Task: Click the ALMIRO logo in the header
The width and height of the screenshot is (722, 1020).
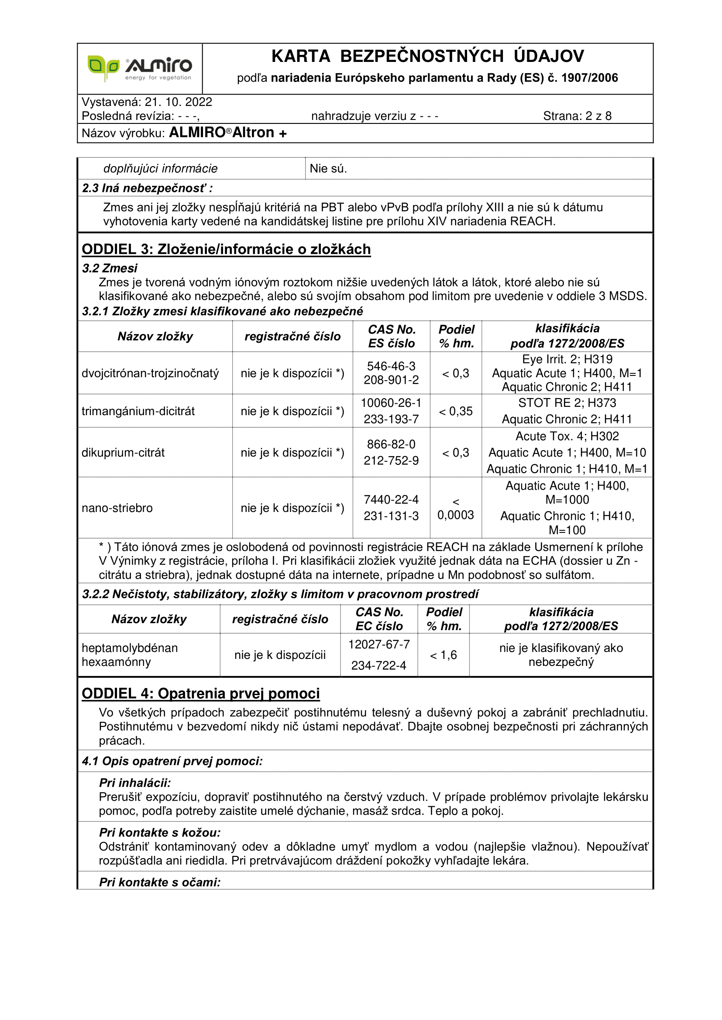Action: (x=140, y=68)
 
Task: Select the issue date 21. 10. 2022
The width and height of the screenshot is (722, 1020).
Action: (x=178, y=102)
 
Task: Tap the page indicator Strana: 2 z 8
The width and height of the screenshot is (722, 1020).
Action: (x=577, y=116)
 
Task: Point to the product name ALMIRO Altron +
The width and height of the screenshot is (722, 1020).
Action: (x=227, y=133)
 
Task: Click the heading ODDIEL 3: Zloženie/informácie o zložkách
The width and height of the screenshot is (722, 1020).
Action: (x=226, y=249)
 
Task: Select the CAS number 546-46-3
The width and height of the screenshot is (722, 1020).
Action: (x=391, y=366)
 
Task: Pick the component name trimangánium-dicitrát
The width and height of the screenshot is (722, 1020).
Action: (x=138, y=411)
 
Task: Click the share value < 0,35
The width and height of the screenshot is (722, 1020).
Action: (x=456, y=411)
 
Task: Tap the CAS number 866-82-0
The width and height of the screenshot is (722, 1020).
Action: (x=391, y=444)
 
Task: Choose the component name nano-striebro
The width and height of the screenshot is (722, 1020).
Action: (x=117, y=508)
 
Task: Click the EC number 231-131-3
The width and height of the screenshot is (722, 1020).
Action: (x=391, y=516)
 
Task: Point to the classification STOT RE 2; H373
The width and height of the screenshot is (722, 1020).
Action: (x=567, y=403)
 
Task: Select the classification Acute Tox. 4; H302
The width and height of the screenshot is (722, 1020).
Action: (x=567, y=436)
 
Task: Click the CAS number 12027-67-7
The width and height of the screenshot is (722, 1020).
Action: (x=379, y=645)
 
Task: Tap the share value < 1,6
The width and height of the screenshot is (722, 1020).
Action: (x=443, y=655)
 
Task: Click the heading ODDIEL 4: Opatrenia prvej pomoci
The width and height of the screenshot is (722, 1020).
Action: (x=200, y=694)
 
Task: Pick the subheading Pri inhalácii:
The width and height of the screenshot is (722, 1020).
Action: (x=135, y=783)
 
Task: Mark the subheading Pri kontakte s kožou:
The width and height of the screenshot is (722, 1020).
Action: (x=160, y=832)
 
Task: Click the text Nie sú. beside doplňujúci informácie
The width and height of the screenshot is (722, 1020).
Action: (x=328, y=169)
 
